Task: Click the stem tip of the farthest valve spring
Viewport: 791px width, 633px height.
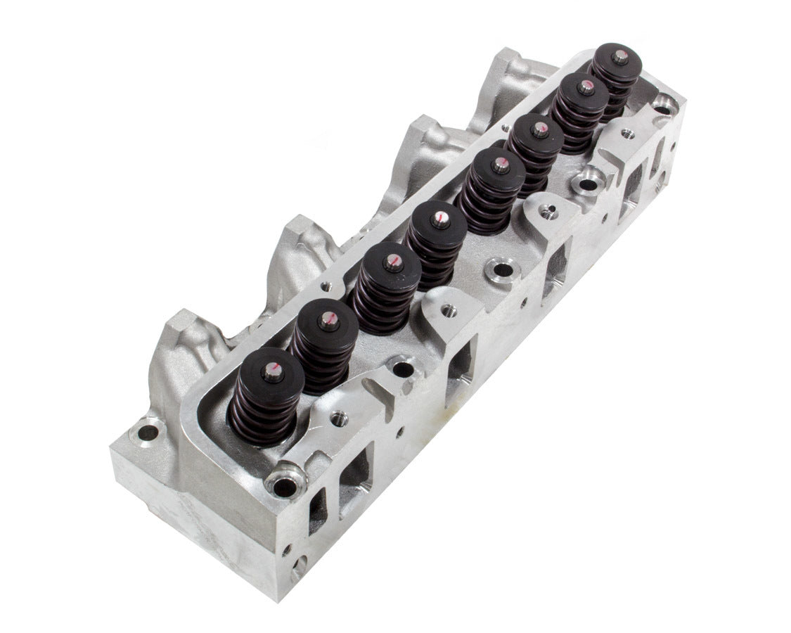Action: pos(619,58)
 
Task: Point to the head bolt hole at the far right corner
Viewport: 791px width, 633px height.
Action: pos(662,103)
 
